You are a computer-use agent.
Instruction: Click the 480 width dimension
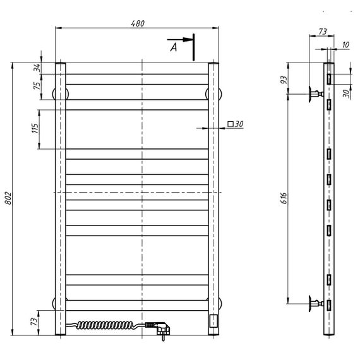pyautogui.click(x=138, y=23)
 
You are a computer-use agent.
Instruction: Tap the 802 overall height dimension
pyautogui.click(x=8, y=198)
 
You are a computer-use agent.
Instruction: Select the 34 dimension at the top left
pyautogui.click(x=37, y=68)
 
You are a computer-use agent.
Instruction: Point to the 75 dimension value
pyautogui.click(x=37, y=86)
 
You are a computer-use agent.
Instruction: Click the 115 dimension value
pyautogui.click(x=35, y=128)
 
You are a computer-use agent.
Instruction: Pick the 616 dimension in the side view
pyautogui.click(x=284, y=198)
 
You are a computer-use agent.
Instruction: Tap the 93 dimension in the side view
pyautogui.click(x=284, y=80)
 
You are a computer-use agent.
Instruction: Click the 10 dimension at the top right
pyautogui.click(x=345, y=45)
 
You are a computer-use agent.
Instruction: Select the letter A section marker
pyautogui.click(x=174, y=47)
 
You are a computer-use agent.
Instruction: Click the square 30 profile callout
pyautogui.click(x=236, y=124)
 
